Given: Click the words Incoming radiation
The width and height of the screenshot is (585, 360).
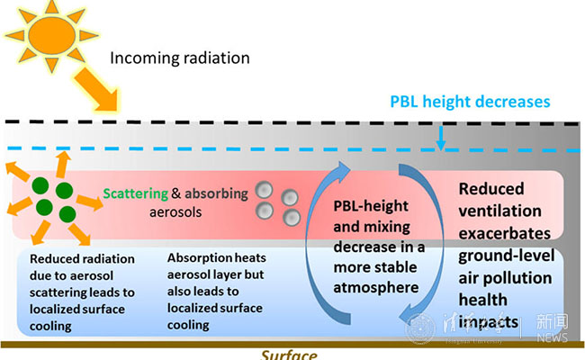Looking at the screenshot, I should click(x=180, y=58).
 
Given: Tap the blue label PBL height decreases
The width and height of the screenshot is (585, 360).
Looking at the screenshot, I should click(x=469, y=102).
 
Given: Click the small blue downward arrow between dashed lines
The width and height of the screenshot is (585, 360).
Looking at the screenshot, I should click(x=440, y=137).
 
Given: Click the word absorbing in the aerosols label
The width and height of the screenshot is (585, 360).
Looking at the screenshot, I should click(x=214, y=193).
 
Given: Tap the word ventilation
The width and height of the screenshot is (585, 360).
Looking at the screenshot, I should click(x=500, y=211).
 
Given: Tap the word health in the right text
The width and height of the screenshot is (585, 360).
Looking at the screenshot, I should click(x=482, y=300).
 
